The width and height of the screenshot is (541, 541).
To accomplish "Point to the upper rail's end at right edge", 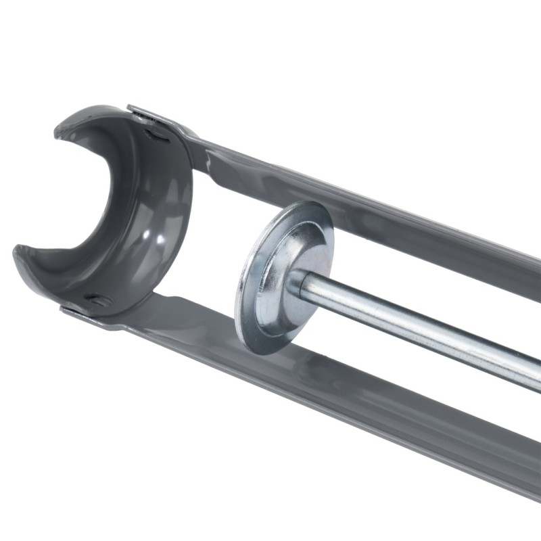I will pyautogui.click(x=534, y=270).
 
